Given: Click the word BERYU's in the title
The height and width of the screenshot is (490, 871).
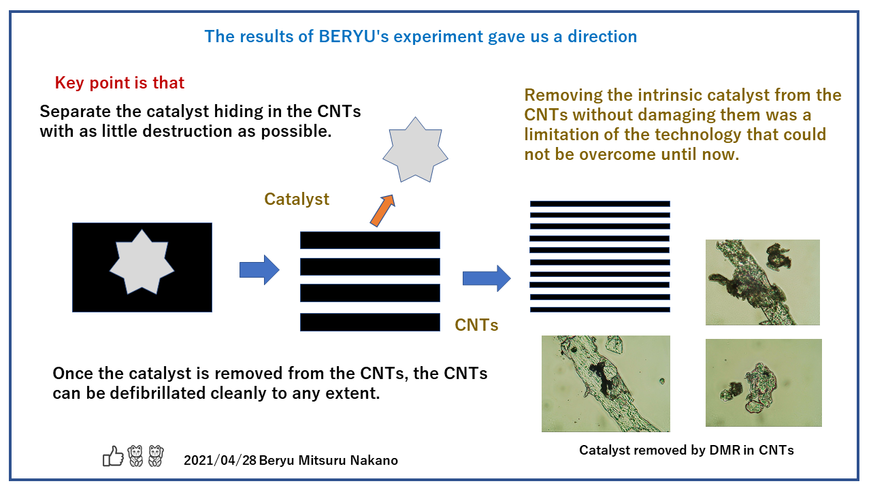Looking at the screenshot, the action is point(353,37).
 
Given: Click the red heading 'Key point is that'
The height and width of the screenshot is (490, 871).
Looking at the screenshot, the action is point(119,83).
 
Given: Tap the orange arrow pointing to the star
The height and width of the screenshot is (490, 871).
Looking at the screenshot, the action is point(382,210).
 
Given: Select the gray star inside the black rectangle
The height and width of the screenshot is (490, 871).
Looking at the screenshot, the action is point(142,262).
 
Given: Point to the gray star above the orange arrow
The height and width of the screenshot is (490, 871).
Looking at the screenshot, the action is point(415,150).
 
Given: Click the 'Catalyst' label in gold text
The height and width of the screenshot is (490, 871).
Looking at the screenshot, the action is point(297,199).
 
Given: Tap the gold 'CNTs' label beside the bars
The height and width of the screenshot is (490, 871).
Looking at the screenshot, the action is point(476,325).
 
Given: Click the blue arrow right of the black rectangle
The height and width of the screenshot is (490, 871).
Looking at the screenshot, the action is point(259,270).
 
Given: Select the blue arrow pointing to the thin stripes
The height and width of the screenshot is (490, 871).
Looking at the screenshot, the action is point(487,278).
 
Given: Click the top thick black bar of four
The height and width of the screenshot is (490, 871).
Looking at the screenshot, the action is point(369,240).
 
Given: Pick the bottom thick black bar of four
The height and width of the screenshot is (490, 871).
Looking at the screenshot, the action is point(369,323).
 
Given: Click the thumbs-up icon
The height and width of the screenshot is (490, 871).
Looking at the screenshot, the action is point(113,456).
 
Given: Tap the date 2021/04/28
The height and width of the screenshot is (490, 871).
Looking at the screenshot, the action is point(220,461).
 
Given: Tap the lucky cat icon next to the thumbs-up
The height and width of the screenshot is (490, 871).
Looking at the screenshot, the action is point(135,456).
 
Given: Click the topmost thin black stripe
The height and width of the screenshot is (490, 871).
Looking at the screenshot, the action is point(600,203).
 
